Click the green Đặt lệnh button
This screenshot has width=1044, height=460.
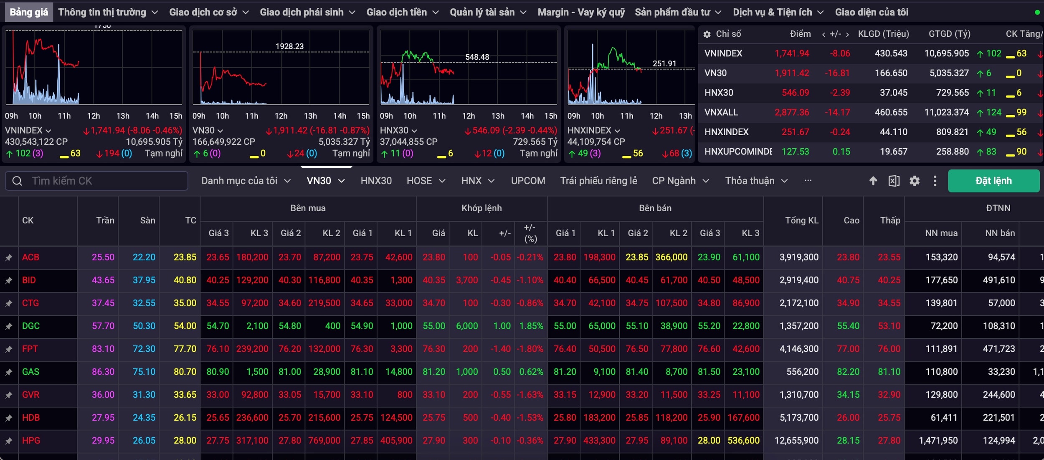click(993, 181)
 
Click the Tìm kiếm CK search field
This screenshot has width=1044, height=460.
click(96, 181)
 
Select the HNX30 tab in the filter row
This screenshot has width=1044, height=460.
click(376, 181)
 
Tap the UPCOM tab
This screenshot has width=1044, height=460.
click(528, 181)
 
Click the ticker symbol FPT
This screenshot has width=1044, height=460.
click(30, 349)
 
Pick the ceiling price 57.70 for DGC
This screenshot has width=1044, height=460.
click(103, 326)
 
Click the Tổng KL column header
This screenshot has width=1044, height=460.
click(801, 220)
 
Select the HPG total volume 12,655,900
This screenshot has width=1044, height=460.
click(796, 440)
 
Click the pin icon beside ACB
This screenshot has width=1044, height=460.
click(8, 258)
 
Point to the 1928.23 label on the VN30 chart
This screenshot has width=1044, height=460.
click(289, 46)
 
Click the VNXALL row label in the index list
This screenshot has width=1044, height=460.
click(721, 112)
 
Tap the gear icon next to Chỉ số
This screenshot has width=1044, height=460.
click(707, 34)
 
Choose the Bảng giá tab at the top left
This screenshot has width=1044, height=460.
click(29, 12)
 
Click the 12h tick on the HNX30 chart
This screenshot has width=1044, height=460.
click(468, 116)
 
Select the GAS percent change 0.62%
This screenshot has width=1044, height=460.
click(531, 372)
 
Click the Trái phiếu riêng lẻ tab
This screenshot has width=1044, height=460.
click(598, 181)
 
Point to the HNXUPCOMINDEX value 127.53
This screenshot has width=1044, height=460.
click(795, 152)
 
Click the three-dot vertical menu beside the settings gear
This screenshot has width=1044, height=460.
click(935, 181)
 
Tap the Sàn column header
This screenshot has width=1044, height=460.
click(147, 220)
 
